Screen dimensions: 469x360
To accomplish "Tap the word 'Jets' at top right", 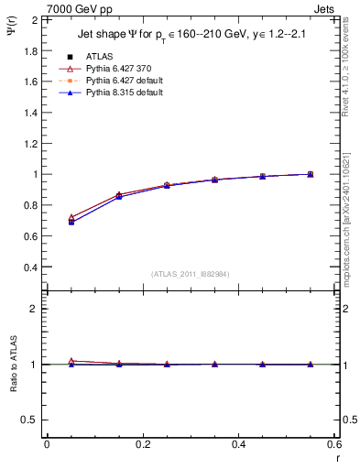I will pos(325,8).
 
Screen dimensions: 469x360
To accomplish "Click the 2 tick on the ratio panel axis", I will pos(32,309).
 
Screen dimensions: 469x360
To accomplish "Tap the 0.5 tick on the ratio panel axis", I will pos(27,420).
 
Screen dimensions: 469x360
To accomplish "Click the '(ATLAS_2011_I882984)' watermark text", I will pos(190,274).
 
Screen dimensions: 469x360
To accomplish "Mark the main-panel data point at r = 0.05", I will pos(71,221).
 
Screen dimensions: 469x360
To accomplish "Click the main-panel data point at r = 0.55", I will pos(311,174).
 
